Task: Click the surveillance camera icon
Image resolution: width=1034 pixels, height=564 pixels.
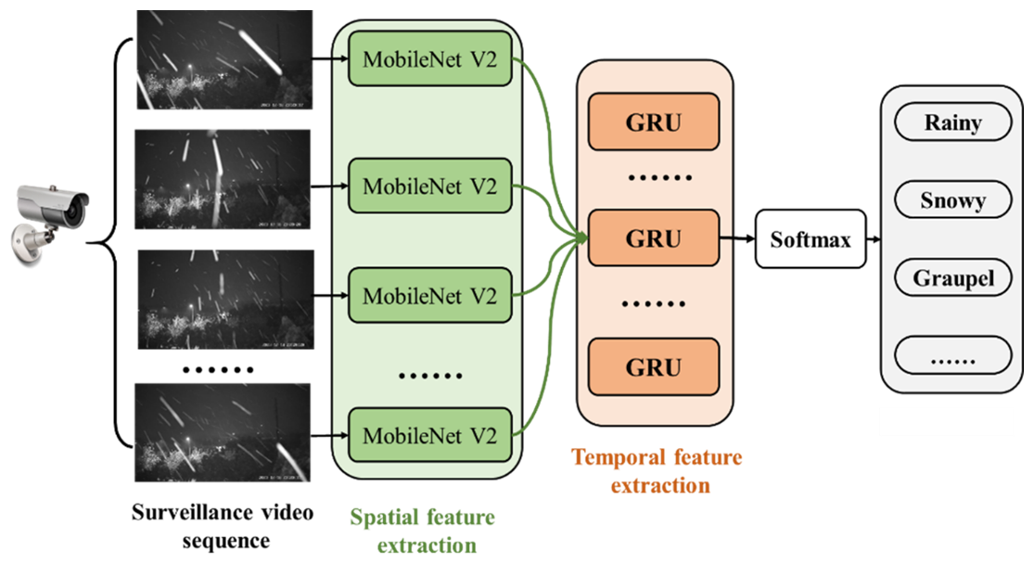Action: pyautogui.click(x=50, y=219)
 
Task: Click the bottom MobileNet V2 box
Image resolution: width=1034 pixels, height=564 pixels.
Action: pyautogui.click(x=429, y=434)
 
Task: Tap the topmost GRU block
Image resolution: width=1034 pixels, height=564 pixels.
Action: pyautogui.click(x=654, y=121)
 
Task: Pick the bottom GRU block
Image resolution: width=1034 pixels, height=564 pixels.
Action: pyautogui.click(x=654, y=366)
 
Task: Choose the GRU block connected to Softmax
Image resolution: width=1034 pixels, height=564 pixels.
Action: pyautogui.click(x=654, y=238)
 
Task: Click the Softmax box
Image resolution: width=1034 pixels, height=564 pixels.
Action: pyautogui.click(x=811, y=239)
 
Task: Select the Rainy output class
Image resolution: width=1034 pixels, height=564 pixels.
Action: pyautogui.click(x=952, y=122)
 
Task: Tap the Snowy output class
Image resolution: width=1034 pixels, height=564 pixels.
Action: pyautogui.click(x=952, y=200)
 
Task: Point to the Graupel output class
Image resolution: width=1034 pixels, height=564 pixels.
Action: pyautogui.click(x=952, y=278)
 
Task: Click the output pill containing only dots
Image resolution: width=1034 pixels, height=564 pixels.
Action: pyautogui.click(x=952, y=356)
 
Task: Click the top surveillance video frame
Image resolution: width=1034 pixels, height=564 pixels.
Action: pyautogui.click(x=223, y=60)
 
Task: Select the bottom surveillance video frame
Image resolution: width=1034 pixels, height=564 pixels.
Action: pyautogui.click(x=223, y=434)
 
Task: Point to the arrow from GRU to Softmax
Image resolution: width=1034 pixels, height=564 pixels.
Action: pyautogui.click(x=736, y=239)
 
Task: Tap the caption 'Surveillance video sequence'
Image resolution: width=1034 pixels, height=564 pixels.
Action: pyautogui.click(x=223, y=526)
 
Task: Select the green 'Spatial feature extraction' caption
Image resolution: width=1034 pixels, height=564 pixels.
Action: pyautogui.click(x=422, y=531)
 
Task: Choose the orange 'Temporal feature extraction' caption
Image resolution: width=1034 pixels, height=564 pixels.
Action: pyautogui.click(x=657, y=470)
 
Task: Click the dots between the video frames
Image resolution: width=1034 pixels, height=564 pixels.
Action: pyautogui.click(x=219, y=369)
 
